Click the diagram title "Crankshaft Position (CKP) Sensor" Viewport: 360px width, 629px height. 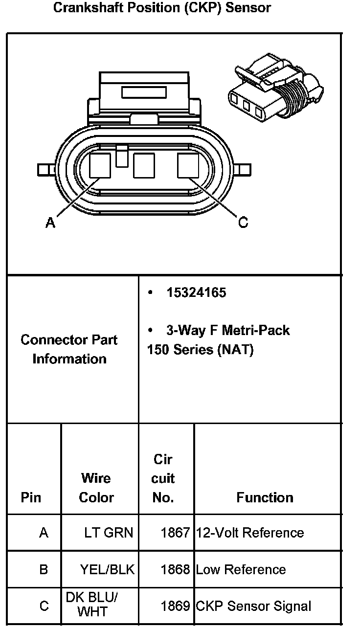point(161,8)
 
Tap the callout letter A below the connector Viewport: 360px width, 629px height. point(50,223)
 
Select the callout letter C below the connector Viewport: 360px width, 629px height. point(243,223)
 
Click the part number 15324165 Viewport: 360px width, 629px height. point(196,293)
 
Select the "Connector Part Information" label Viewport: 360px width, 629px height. point(69,349)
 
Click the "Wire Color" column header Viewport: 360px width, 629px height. point(96,488)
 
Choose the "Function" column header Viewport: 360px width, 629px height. point(265,497)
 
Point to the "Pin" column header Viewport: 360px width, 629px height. point(31,497)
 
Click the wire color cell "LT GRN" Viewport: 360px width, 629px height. point(108,533)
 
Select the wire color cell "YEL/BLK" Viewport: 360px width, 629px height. point(107,569)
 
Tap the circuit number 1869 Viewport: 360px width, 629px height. point(175,607)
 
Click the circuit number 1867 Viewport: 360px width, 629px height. point(175,533)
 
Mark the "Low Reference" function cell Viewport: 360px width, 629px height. point(241,569)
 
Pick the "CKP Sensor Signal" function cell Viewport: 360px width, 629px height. point(253,607)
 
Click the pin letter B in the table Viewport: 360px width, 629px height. point(44,569)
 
